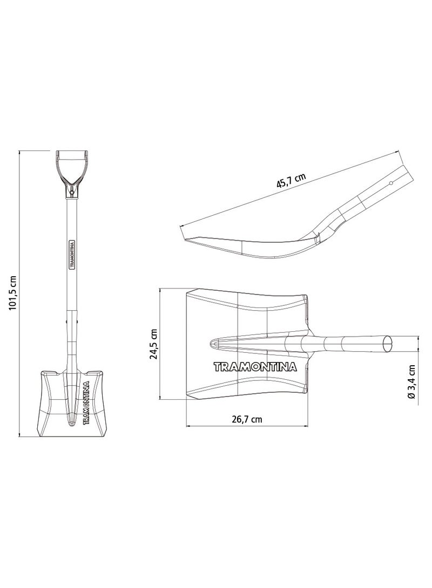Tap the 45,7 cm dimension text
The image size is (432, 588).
click(291, 180)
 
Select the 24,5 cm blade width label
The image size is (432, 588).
click(153, 344)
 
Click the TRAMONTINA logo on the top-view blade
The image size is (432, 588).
click(255, 367)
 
